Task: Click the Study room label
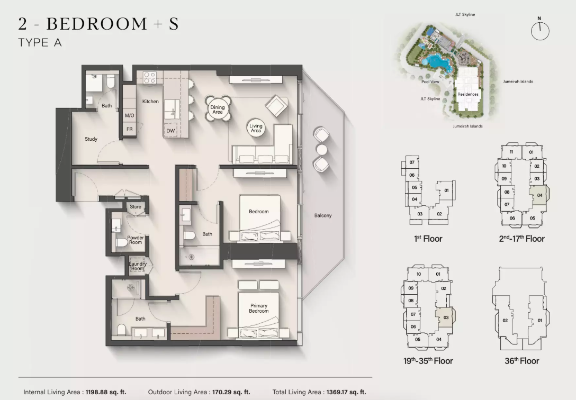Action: [x=91, y=139]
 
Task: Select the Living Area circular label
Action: [x=256, y=128]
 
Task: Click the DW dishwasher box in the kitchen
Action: [x=170, y=131]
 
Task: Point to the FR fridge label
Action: [x=130, y=129]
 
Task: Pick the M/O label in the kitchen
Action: [x=129, y=115]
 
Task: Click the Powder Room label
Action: [x=136, y=240]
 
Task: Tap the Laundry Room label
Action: [x=138, y=266]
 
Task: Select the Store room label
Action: [x=135, y=206]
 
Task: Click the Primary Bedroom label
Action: [x=258, y=308]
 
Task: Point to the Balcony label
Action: [x=323, y=215]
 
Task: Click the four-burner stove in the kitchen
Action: [x=149, y=78]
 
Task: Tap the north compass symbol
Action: [x=540, y=29]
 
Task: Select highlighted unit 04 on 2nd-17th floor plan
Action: [x=538, y=195]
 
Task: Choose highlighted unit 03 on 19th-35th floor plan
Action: [x=445, y=317]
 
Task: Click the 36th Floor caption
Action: [x=521, y=361]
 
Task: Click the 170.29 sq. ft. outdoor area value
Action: [x=231, y=392]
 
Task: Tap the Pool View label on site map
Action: [x=430, y=81]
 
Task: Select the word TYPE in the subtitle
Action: [x=33, y=43]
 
